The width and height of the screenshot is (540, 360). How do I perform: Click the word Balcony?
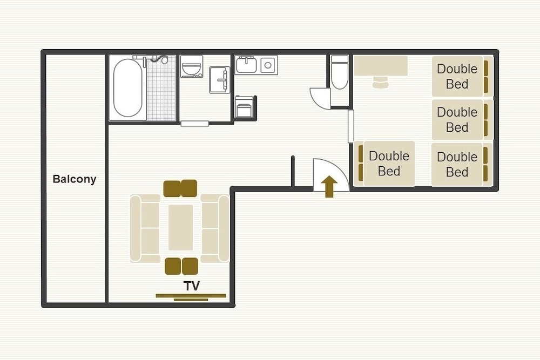[x=75, y=179]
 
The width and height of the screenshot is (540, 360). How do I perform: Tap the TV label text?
[x=192, y=286]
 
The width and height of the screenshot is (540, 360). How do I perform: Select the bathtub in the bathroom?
[x=127, y=88]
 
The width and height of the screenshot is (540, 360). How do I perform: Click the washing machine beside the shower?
[x=192, y=66]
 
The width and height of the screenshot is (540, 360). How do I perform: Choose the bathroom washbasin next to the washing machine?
[x=219, y=80]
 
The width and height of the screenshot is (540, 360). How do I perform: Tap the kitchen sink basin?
[x=246, y=65]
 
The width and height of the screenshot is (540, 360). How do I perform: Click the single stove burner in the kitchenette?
[x=268, y=65]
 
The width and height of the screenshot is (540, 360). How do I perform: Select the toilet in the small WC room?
[x=340, y=72]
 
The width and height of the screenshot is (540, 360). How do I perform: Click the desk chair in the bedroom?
[x=380, y=83]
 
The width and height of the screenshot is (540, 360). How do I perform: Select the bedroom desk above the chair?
[x=381, y=66]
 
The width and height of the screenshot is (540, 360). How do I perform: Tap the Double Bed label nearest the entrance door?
[x=389, y=164]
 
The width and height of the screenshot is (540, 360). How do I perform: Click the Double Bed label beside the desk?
[x=457, y=77]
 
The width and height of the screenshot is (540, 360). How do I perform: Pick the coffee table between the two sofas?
[x=181, y=227]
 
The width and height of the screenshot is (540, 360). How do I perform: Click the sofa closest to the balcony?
[x=145, y=228]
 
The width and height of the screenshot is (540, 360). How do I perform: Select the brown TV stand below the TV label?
[x=191, y=297]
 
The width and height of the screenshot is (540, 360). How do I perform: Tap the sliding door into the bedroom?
[x=351, y=126]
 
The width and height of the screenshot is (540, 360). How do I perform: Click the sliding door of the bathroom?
[x=194, y=124]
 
